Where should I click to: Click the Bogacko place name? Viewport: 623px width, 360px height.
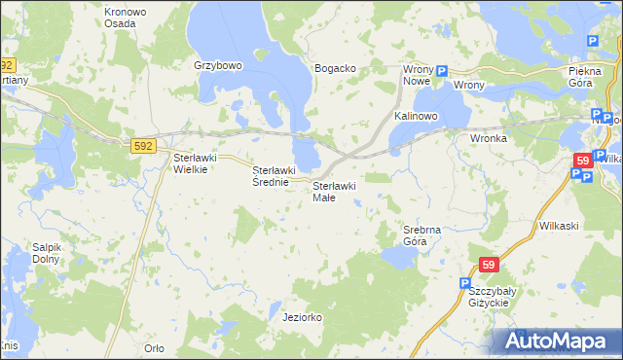click(x=334, y=69)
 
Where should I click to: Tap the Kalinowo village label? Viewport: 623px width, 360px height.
click(x=417, y=116)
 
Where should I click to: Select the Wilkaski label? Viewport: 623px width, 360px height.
click(x=559, y=225)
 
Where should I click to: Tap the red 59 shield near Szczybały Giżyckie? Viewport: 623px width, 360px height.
click(x=490, y=265)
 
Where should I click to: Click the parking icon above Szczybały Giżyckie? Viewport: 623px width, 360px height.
click(x=465, y=282)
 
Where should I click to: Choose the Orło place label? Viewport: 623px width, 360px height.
click(x=154, y=348)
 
